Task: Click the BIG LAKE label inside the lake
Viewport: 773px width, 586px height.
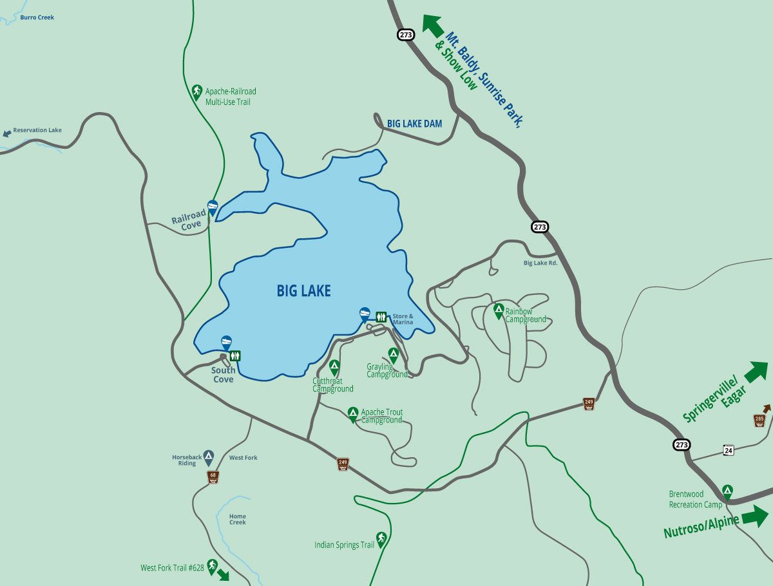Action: (x=303, y=291)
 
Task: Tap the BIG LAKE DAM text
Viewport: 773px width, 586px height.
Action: (x=414, y=124)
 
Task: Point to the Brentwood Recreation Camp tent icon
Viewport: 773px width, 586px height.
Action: (x=727, y=491)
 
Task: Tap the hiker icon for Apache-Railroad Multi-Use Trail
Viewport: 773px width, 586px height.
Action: (x=197, y=91)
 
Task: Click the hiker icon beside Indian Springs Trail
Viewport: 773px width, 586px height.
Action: (x=381, y=538)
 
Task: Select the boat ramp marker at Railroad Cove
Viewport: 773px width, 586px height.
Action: (x=213, y=207)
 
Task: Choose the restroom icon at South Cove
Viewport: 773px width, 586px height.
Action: (x=235, y=355)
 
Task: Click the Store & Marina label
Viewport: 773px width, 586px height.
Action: (x=403, y=319)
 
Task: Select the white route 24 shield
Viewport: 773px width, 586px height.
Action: (x=728, y=449)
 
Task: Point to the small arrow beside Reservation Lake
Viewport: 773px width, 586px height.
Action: (x=7, y=134)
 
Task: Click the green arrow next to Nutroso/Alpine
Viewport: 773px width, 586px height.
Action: (x=755, y=516)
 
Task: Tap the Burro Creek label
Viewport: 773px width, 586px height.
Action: (x=37, y=17)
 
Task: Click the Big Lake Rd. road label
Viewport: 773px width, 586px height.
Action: (x=540, y=263)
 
